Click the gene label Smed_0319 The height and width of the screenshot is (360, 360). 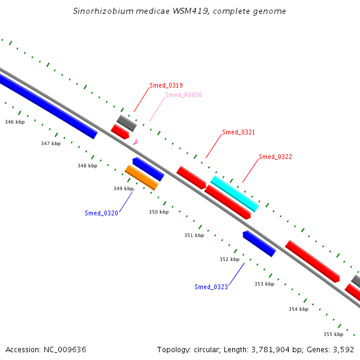[x=166, y=85]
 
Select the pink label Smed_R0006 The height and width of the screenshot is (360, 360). [x=184, y=95]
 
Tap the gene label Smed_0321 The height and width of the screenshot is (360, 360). [x=238, y=132]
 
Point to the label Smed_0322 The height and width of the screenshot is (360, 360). [x=275, y=157]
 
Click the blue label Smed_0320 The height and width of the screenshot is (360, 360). [x=101, y=213]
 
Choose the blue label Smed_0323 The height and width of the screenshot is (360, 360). [x=211, y=287]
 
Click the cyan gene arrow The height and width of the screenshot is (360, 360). [x=235, y=193]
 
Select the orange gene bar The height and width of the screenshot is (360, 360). [x=141, y=177]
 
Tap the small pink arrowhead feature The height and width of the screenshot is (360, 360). [x=136, y=142]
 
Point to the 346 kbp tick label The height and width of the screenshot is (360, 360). [x=15, y=122]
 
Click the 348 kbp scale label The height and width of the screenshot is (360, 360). [x=87, y=166]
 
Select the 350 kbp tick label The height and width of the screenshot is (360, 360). [x=159, y=212]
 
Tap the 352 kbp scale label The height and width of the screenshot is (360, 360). [x=229, y=259]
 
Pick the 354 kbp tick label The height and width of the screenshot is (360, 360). [x=298, y=309]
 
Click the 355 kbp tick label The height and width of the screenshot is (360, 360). [x=333, y=334]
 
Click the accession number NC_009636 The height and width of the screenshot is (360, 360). [x=67, y=349]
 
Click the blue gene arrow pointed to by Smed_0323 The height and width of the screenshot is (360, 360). [x=259, y=244]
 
